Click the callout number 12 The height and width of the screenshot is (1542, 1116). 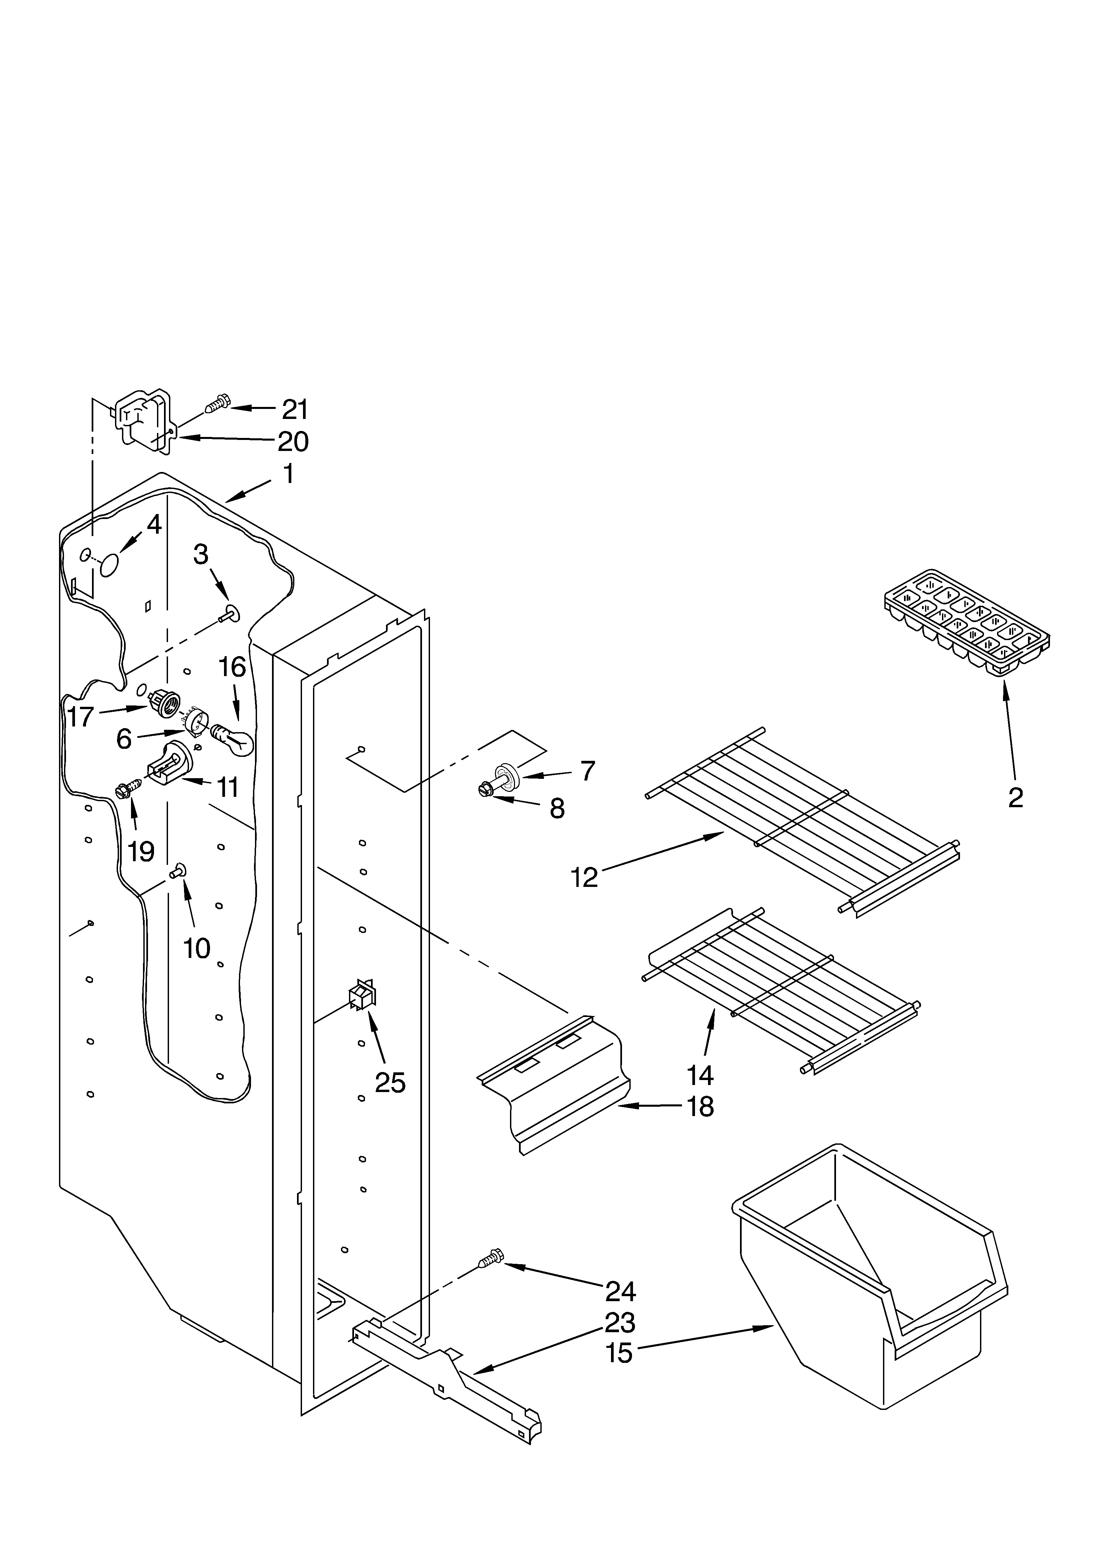[x=585, y=877]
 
